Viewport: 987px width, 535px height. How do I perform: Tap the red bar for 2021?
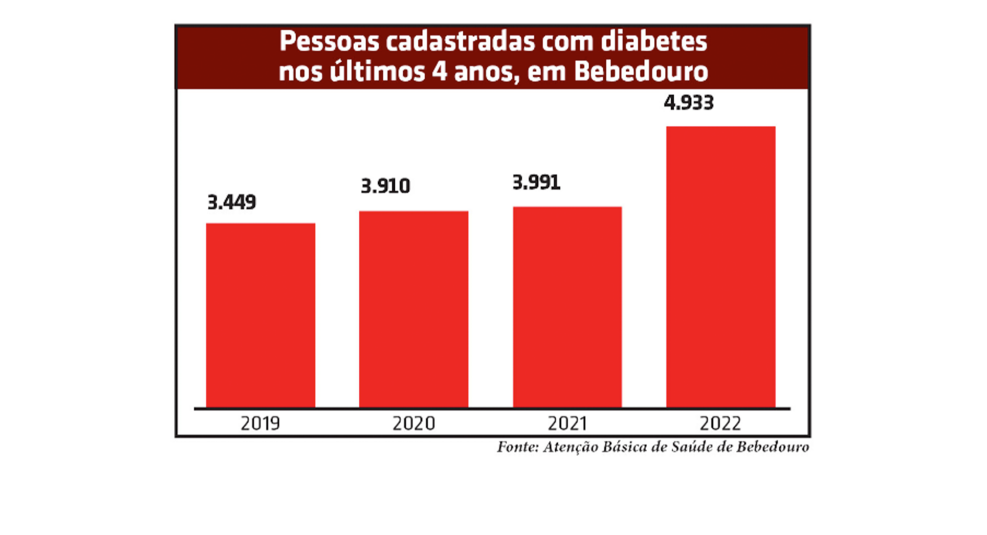[567, 307]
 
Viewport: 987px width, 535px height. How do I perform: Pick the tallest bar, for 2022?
[721, 267]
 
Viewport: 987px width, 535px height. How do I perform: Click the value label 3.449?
[231, 202]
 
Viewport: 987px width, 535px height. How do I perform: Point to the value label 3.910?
[386, 186]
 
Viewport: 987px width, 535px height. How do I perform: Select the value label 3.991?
[537, 183]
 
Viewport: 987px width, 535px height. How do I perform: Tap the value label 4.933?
[688, 102]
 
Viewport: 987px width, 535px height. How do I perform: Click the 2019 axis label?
[260, 423]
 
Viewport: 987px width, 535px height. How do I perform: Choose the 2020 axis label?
[413, 423]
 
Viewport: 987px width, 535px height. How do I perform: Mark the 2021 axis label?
[567, 423]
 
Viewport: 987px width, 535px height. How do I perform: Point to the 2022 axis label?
[720, 423]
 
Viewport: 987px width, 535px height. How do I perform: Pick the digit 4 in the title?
[439, 72]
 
